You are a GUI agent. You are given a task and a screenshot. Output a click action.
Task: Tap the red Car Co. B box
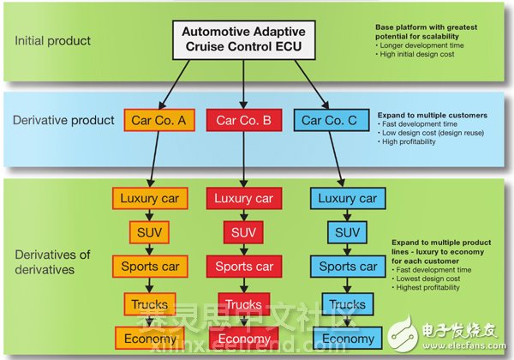(244, 120)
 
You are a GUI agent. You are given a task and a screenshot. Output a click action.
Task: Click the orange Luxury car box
(150, 199)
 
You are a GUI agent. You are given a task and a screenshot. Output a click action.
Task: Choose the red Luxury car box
(244, 199)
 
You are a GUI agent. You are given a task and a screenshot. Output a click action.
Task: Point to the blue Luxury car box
(348, 199)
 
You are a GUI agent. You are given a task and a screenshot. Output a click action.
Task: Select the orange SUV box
(150, 231)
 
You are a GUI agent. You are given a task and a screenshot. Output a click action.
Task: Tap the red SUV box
(244, 231)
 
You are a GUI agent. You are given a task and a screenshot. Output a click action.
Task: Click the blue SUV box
(348, 231)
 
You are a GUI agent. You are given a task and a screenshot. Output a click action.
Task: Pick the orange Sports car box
(150, 266)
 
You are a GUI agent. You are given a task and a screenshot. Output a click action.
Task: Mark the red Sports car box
(244, 266)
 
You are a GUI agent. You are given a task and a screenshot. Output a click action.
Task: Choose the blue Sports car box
(348, 266)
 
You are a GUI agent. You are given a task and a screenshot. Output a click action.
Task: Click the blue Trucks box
(348, 303)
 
